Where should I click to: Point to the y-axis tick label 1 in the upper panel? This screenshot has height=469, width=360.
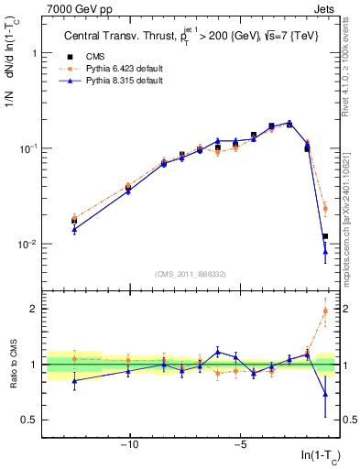point(37,53)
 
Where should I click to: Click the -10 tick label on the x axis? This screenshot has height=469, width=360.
point(130,445)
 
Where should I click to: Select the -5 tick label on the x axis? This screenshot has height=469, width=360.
point(239,445)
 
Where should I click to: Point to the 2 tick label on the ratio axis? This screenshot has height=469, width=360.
point(37,309)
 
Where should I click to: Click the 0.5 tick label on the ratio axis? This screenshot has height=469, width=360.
point(33,420)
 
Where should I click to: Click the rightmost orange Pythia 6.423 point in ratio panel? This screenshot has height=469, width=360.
point(325,311)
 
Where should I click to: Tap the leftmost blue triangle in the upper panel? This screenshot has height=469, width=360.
point(74,229)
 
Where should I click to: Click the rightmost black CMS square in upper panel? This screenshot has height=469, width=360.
point(325,236)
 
